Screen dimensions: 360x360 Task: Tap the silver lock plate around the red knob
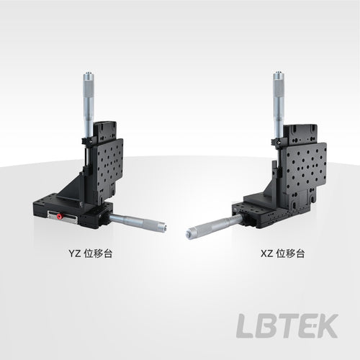(63, 217)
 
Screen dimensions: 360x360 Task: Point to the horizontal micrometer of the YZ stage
(138, 222)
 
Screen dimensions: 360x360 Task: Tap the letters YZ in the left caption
(75, 253)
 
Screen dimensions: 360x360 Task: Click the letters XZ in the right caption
(267, 253)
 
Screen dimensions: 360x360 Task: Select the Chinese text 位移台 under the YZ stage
(98, 253)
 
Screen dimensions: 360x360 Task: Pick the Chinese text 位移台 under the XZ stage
(290, 253)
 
